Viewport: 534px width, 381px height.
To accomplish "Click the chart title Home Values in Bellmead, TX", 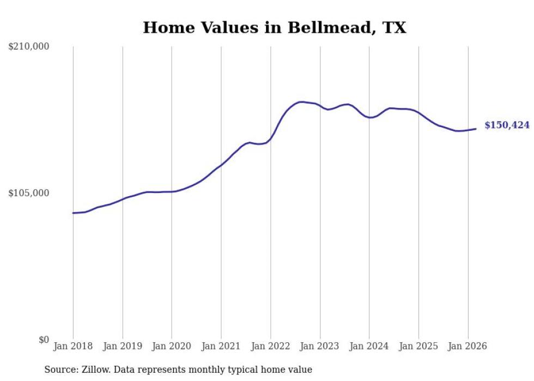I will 274,28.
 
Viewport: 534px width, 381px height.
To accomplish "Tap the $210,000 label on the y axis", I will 29,47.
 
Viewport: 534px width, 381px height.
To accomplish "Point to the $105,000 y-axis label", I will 29,193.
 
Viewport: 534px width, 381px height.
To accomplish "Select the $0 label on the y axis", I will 44,340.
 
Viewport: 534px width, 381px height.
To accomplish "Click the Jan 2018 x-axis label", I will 73,346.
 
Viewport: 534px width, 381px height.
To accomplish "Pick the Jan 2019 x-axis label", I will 123,346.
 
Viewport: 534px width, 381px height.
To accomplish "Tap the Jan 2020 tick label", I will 172,346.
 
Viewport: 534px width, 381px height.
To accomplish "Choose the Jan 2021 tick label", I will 221,346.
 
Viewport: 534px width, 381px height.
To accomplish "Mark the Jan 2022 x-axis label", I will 271,346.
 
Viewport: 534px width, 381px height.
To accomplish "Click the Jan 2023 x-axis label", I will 320,346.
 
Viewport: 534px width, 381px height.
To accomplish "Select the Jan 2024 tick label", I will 369,346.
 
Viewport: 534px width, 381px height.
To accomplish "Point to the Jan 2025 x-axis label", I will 418,346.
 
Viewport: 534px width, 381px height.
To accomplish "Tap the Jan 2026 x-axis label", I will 468,346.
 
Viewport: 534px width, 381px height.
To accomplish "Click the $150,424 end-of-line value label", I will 507,125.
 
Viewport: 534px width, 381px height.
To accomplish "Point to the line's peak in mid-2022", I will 300,102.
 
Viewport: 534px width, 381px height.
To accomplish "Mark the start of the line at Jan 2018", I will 73,213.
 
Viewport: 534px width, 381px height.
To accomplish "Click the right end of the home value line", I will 476,129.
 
